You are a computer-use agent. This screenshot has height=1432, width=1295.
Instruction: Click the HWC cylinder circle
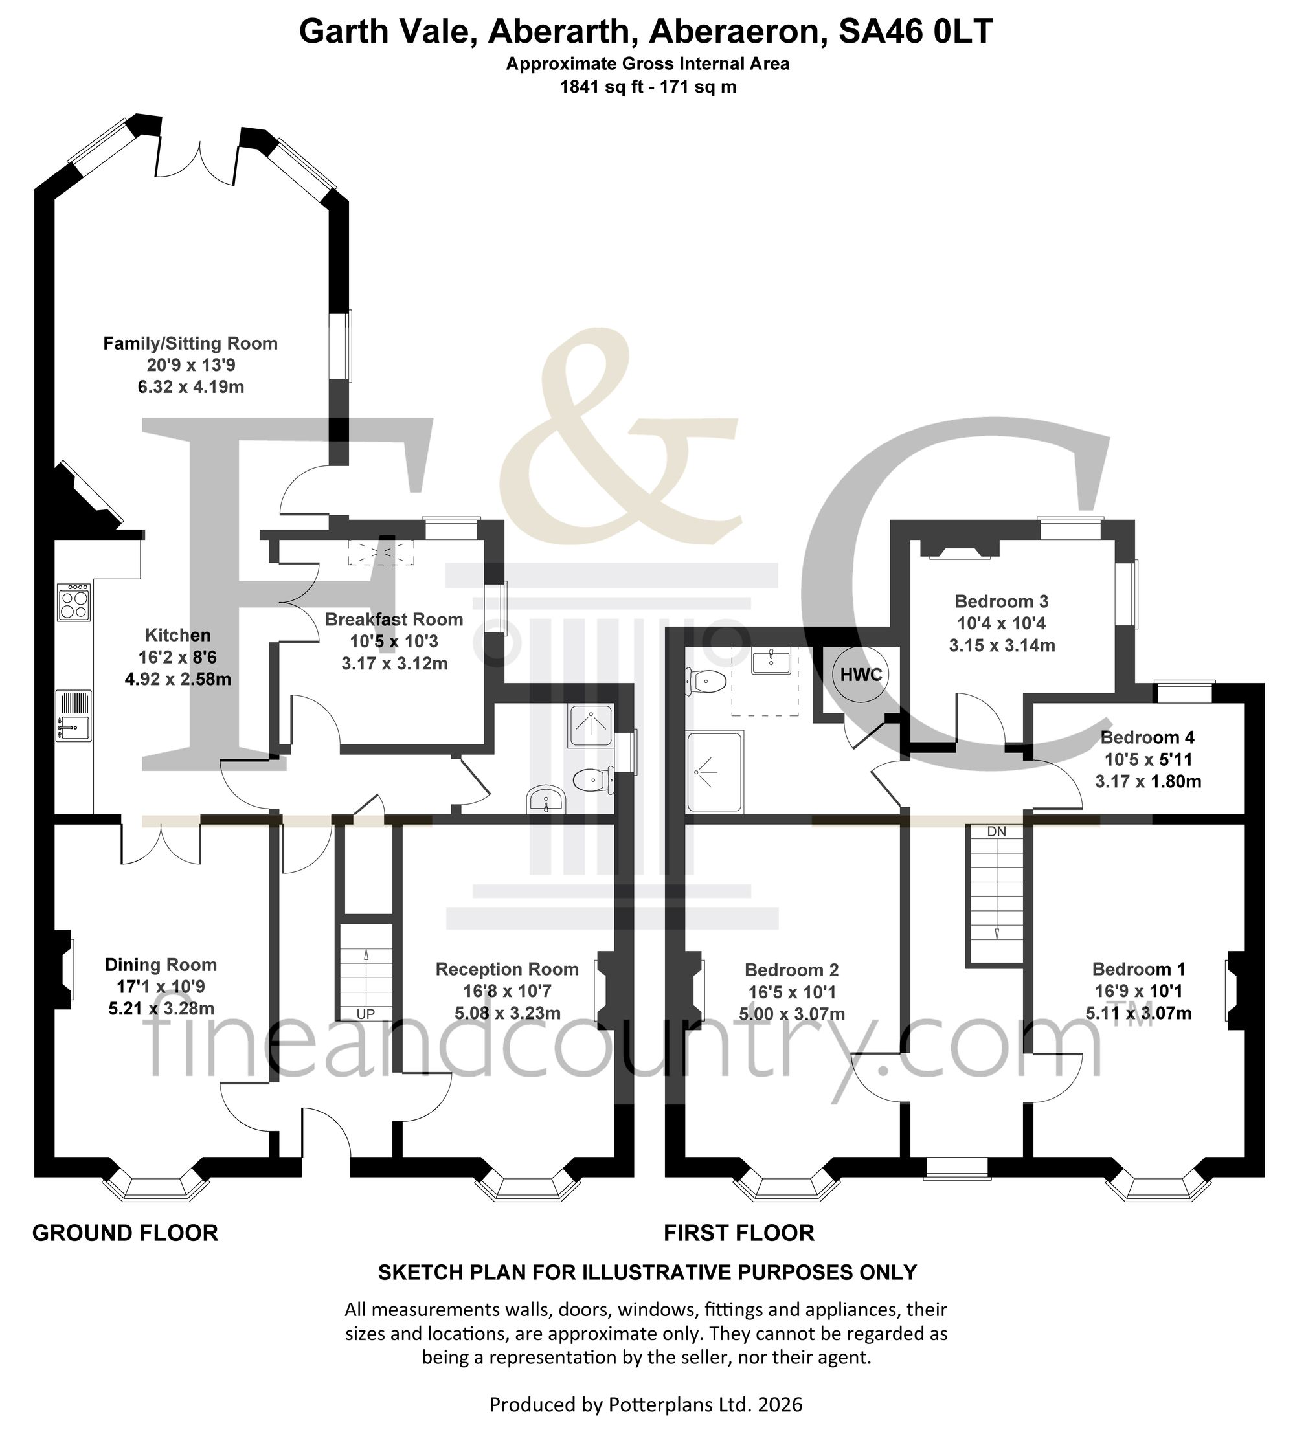(x=861, y=674)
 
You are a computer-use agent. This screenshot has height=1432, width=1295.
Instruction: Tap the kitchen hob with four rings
(x=74, y=601)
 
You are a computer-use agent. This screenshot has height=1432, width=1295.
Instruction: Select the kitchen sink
(x=74, y=716)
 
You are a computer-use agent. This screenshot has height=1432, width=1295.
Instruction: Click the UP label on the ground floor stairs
(x=365, y=1014)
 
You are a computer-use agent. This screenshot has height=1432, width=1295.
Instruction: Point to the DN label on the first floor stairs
(x=996, y=831)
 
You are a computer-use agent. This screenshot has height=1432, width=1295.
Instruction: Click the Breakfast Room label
(x=394, y=620)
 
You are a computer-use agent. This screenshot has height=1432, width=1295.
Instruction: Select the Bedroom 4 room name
(x=1147, y=737)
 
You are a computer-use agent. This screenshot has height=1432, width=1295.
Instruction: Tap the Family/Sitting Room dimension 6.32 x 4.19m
(x=190, y=387)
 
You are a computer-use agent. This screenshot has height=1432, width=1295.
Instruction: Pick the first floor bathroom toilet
(x=704, y=682)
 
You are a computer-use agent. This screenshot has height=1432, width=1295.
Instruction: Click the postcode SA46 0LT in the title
(x=916, y=32)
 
